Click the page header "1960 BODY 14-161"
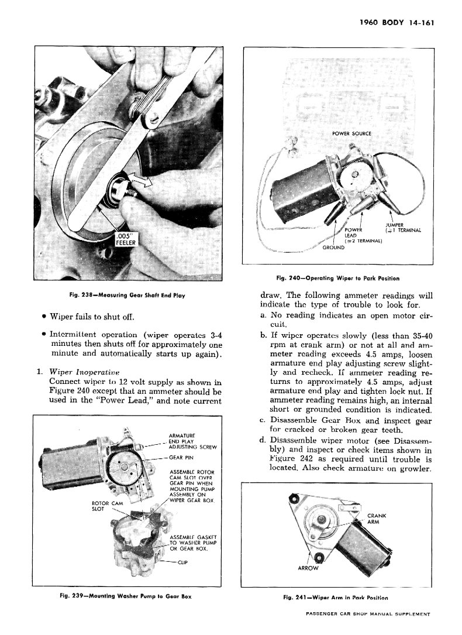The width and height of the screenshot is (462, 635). point(397,24)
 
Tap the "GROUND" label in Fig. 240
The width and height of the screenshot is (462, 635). point(333,247)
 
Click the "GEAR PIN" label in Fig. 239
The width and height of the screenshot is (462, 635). point(181,457)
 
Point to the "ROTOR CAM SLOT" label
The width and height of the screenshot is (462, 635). point(107,506)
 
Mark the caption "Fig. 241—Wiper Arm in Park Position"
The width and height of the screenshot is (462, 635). point(336,598)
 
